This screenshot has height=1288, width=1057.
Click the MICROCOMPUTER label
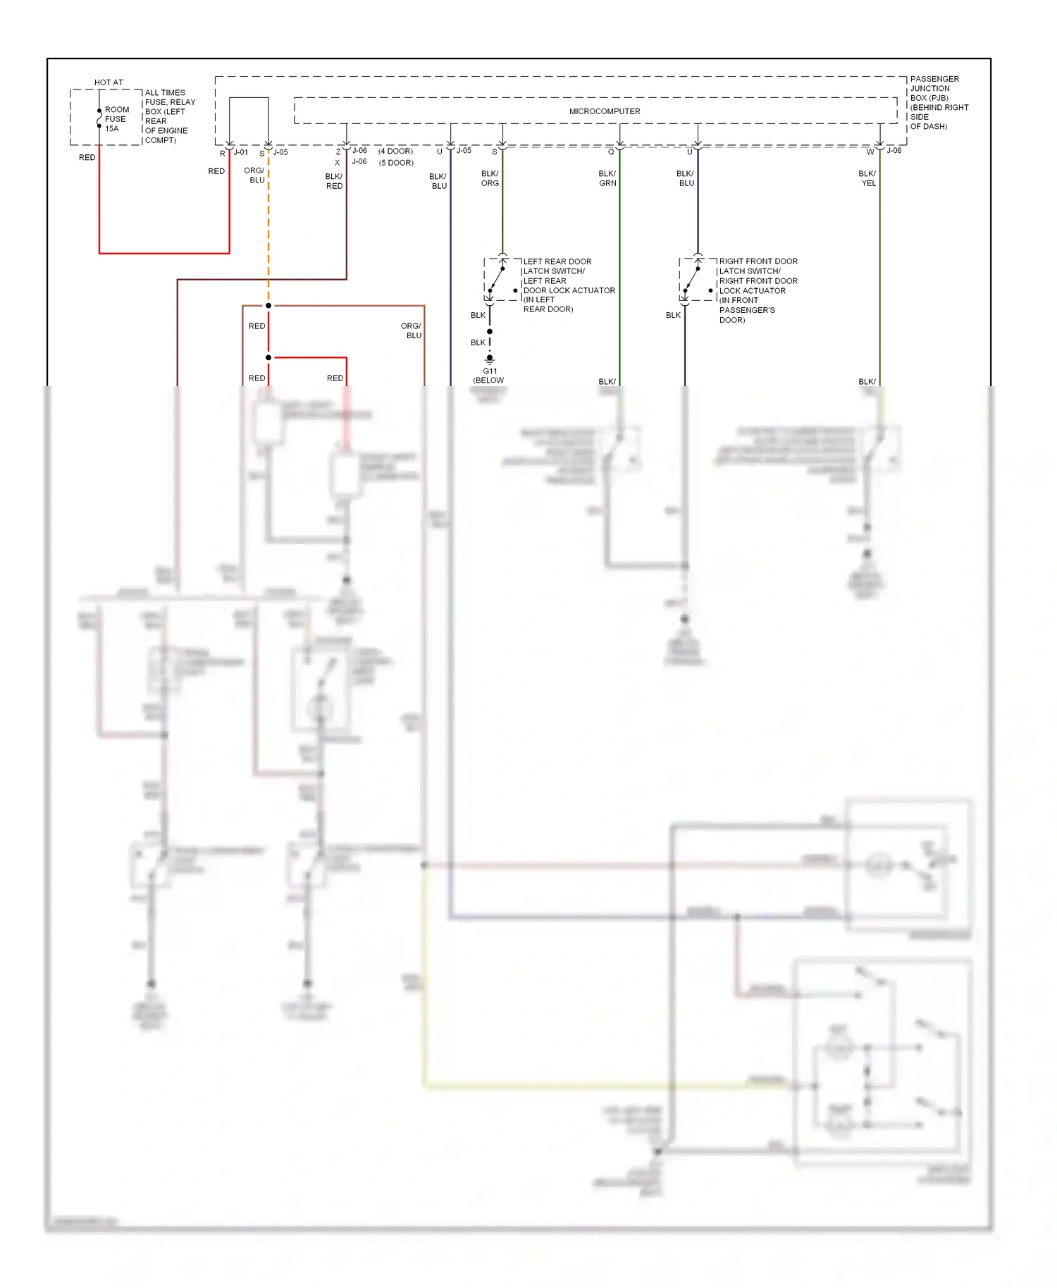click(x=605, y=111)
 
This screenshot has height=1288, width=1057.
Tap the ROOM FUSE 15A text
click(x=116, y=119)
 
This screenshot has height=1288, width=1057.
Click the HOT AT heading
click(x=109, y=82)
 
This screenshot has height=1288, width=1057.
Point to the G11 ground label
click(x=490, y=371)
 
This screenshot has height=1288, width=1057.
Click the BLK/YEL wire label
click(x=868, y=178)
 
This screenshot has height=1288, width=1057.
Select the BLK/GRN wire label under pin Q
click(x=607, y=178)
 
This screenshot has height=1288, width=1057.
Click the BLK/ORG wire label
click(x=490, y=178)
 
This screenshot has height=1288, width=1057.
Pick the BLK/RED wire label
click(x=334, y=181)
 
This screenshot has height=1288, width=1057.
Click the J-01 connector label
click(x=241, y=152)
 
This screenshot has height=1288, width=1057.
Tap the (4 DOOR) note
click(x=395, y=151)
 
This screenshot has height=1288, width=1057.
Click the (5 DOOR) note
click(x=396, y=163)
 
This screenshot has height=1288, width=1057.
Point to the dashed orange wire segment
click(x=268, y=233)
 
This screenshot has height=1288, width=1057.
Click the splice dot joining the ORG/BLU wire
click(x=268, y=306)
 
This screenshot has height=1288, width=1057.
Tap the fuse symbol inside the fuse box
click(x=99, y=120)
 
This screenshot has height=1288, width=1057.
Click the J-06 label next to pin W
click(x=894, y=151)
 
